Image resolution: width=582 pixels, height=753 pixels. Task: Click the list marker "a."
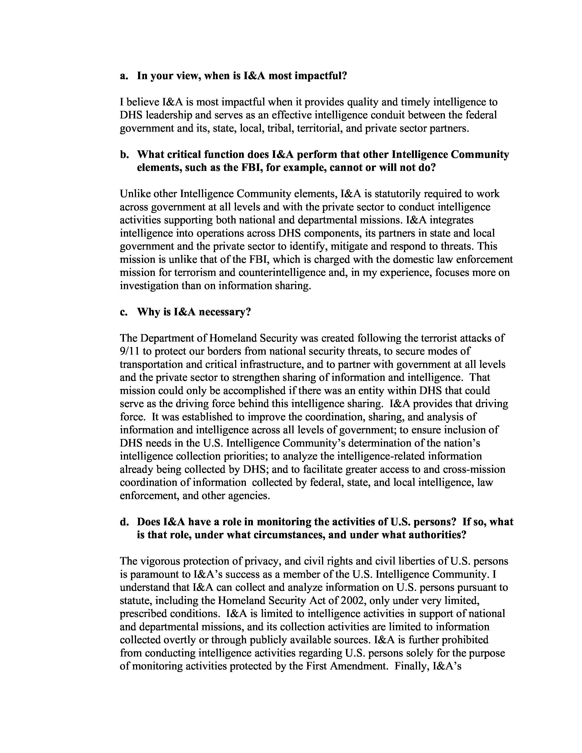click(x=124, y=76)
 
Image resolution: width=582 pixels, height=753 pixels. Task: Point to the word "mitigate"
click(x=349, y=246)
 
